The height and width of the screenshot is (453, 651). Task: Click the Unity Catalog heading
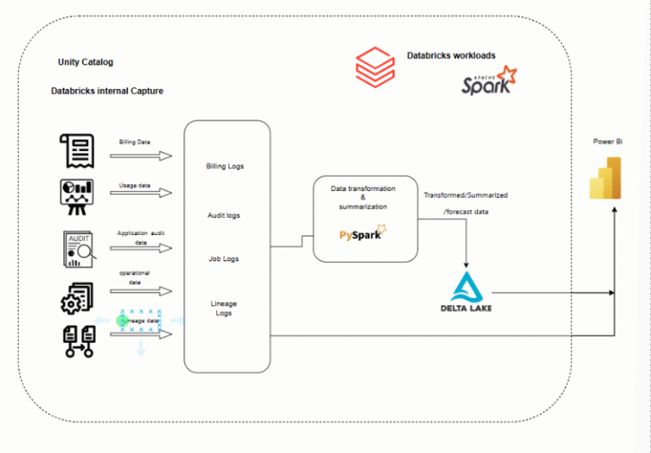click(85, 62)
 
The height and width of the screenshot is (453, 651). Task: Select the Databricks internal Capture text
click(107, 91)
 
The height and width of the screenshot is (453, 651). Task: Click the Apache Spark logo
click(488, 81)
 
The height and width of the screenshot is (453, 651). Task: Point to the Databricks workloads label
click(451, 56)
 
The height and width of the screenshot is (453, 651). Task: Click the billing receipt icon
click(76, 150)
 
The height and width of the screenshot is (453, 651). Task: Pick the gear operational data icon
click(76, 295)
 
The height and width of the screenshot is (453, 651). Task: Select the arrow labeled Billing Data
click(146, 155)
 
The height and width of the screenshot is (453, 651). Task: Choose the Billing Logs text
click(225, 166)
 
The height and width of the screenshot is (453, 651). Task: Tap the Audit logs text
click(224, 215)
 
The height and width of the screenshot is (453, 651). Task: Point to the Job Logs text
click(224, 259)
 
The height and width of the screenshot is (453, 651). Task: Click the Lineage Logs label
click(224, 308)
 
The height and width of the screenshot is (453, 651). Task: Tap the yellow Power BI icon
click(606, 177)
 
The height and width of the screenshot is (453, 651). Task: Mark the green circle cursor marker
click(122, 321)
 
